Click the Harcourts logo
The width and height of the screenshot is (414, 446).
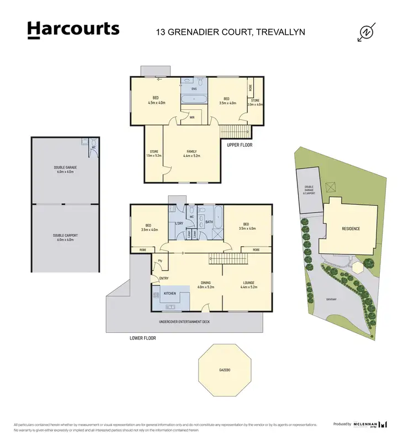pos(73,30)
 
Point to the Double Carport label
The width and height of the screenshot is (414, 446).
pos(65,237)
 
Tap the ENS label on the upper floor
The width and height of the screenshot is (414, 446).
pos(194,88)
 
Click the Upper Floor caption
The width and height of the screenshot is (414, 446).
pos(240,145)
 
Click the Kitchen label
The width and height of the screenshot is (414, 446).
pos(169,294)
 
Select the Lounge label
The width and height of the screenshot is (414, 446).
pos(248,285)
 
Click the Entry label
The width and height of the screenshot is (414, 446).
pos(163,278)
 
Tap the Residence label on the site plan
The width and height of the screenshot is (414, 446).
pos(351,229)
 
